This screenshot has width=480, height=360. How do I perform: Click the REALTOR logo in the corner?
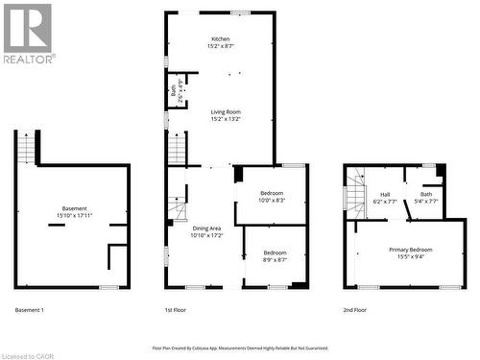28,33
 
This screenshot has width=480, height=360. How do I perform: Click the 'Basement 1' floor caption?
30,310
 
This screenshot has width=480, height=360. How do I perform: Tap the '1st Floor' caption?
175,310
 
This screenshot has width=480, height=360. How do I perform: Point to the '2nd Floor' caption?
355,310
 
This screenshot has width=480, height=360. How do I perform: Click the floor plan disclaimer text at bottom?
240,348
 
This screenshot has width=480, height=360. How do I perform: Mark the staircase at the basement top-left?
28,149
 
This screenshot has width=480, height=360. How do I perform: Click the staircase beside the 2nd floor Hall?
355,191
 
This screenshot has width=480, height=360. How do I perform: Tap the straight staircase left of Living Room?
177,150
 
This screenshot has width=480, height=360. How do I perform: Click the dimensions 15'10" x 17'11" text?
74,217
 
